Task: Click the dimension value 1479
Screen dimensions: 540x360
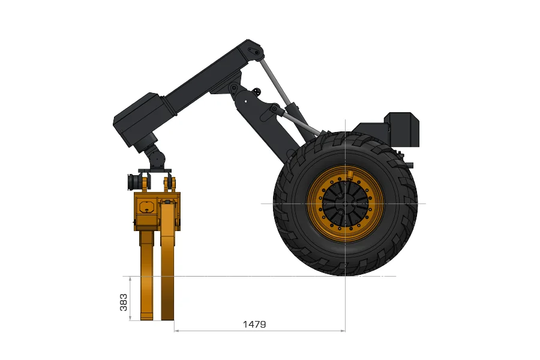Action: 254,324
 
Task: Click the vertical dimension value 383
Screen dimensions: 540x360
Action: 123,302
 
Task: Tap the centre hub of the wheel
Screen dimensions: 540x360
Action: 346,203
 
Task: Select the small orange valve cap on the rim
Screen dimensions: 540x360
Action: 350,175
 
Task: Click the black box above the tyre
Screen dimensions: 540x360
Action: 401,129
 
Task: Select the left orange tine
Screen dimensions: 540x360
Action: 147,275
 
